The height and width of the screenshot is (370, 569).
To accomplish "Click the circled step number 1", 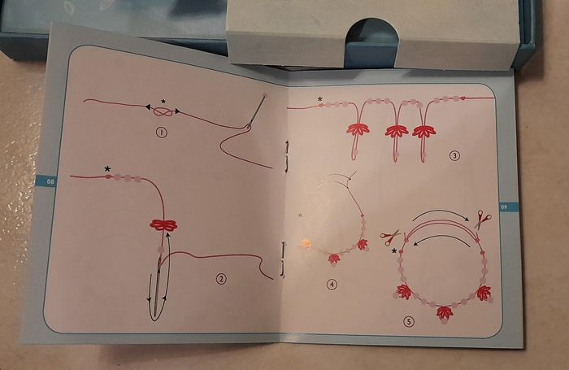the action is (162, 133).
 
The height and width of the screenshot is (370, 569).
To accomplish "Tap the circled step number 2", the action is (221, 279).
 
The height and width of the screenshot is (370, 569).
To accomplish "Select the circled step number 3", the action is (454, 156).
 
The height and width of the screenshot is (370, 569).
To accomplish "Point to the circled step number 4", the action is (332, 285).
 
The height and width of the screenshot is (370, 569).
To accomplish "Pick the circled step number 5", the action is (409, 321).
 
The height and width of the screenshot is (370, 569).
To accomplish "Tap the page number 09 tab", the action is (509, 207).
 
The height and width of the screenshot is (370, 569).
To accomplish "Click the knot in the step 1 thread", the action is (163, 111).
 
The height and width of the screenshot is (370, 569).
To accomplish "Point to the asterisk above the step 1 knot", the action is (163, 102).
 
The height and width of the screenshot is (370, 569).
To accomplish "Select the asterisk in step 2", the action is (107, 169).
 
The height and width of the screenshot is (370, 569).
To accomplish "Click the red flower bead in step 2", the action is (163, 225).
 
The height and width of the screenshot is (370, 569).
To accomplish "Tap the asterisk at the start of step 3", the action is (319, 98).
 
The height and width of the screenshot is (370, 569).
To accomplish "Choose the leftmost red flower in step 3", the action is (358, 129).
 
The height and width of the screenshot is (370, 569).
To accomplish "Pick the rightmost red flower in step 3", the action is (423, 132).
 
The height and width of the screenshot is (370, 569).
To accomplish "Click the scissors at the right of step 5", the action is (482, 219).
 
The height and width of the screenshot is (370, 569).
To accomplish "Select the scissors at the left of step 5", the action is (389, 237).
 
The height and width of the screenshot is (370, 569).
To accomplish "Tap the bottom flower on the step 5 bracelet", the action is (445, 313).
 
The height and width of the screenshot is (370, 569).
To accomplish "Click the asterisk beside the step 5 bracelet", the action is (394, 250).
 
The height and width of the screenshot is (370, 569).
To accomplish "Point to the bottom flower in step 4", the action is (333, 259).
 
